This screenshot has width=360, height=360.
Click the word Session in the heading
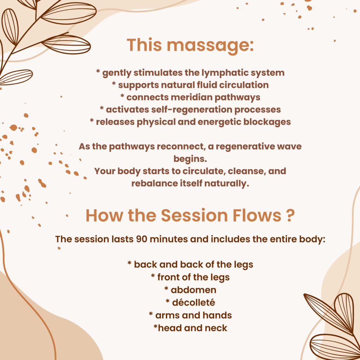pos(194,216)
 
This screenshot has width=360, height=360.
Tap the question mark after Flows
pos(290,216)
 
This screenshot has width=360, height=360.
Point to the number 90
pos(141,239)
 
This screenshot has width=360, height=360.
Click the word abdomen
pos(194,290)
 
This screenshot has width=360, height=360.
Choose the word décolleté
pos(194,303)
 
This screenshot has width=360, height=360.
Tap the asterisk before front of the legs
pos(153,276)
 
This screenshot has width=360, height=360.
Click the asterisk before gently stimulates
pos(98,71)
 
